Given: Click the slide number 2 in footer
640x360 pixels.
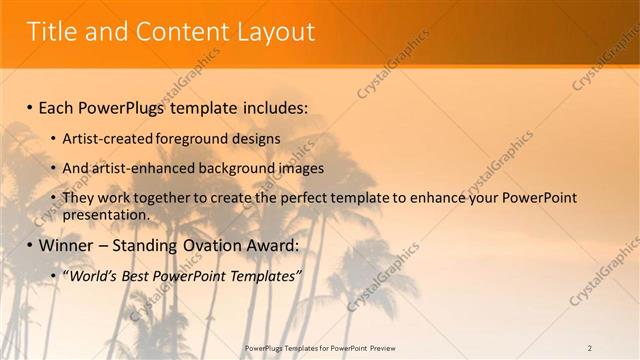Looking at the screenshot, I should tap(590, 347).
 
